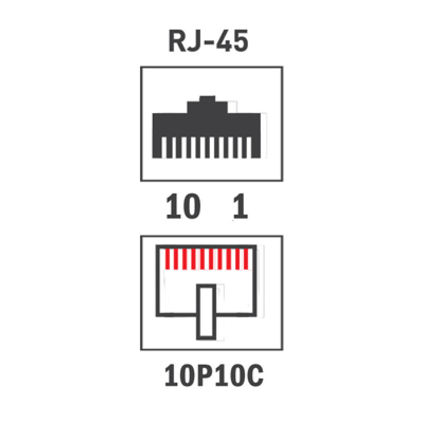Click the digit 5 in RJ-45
click(241, 41)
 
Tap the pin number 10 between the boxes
click(183, 206)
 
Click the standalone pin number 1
click(241, 206)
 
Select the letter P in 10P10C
click(206, 375)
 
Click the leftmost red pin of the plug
click(168, 259)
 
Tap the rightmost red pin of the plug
click(246, 259)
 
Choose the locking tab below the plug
click(206, 312)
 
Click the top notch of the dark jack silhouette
click(207, 99)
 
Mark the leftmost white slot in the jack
click(163, 148)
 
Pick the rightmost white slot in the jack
click(249, 148)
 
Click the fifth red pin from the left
click(203, 259)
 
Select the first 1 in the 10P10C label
click(171, 375)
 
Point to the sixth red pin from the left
click(211, 259)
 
